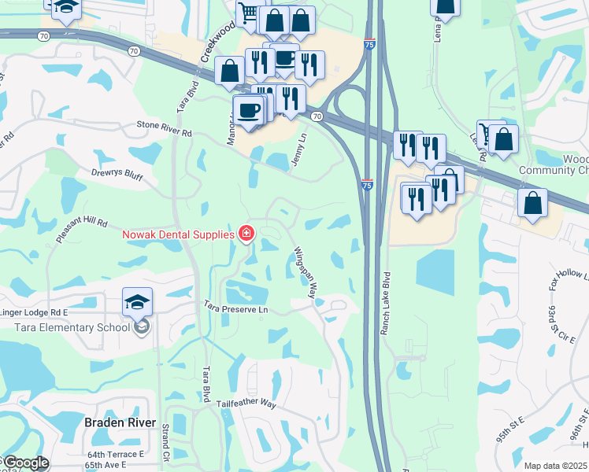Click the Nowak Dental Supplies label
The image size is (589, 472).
[177, 234]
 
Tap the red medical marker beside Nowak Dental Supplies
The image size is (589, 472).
[246, 234]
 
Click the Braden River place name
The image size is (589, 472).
[114, 422]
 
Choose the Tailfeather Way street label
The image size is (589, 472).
[246, 404]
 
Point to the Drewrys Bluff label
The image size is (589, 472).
[117, 175]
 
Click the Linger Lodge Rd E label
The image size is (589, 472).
[35, 312]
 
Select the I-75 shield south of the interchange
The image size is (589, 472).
[368, 184]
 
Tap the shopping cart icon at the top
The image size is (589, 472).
[249, 13]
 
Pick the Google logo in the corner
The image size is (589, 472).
[26, 463]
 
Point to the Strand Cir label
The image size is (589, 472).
[165, 444]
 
